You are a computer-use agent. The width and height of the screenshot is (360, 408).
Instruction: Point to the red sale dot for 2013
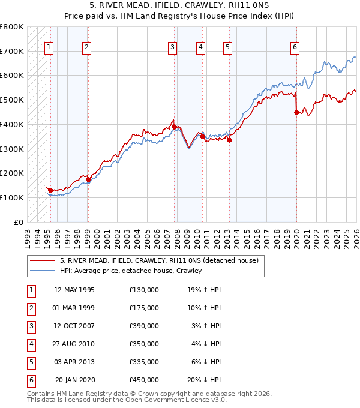[229, 140]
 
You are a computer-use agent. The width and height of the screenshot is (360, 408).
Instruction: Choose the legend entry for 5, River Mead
[158, 261]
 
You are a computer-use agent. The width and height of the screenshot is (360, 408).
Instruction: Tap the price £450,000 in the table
[144, 380]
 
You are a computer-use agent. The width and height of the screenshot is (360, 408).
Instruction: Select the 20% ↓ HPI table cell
[206, 380]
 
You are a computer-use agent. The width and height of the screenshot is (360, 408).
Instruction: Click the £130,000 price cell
[144, 290]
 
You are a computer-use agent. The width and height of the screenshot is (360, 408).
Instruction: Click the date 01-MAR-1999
[74, 308]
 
